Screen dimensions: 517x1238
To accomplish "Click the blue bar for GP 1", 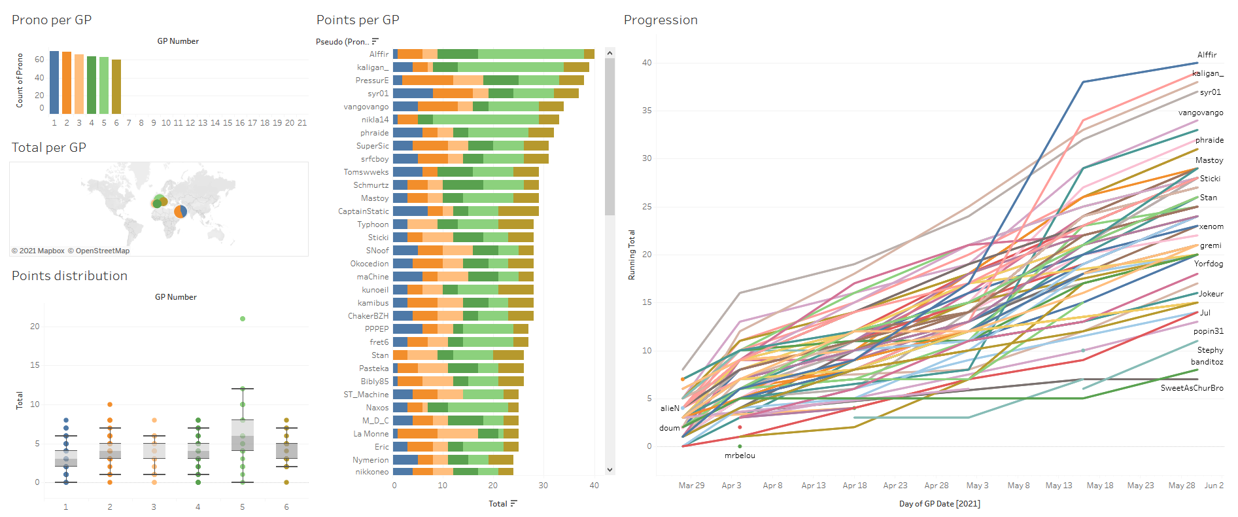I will [54, 82].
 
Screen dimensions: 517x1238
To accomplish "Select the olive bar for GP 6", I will [116, 86].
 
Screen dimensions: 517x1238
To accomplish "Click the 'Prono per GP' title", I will [52, 20].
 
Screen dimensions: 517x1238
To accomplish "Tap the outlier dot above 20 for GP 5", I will [243, 319].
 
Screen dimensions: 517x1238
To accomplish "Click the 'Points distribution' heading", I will [69, 276].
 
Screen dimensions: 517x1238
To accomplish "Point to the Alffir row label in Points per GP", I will [379, 54].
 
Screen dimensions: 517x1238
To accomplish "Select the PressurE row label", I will [372, 80].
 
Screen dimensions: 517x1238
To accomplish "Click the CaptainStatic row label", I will [363, 211].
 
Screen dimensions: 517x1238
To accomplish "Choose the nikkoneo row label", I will [371, 472].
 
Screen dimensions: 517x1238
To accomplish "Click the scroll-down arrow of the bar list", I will [610, 469].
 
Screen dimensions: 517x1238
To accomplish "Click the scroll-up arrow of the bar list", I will [610, 53].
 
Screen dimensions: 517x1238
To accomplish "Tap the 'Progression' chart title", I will [661, 20].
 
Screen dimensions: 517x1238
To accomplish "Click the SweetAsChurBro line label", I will [1192, 388].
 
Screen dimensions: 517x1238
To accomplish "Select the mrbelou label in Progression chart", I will [740, 455].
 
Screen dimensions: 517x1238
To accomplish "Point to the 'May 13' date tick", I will [1059, 486].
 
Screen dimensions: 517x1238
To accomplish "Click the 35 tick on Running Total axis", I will [647, 111].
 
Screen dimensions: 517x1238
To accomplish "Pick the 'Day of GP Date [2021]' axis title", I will [939, 503].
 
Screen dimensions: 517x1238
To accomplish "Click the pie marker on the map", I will [181, 211].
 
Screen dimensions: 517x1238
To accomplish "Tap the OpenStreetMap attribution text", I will [102, 251].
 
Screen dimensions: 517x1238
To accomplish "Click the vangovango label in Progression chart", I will [1200, 113].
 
